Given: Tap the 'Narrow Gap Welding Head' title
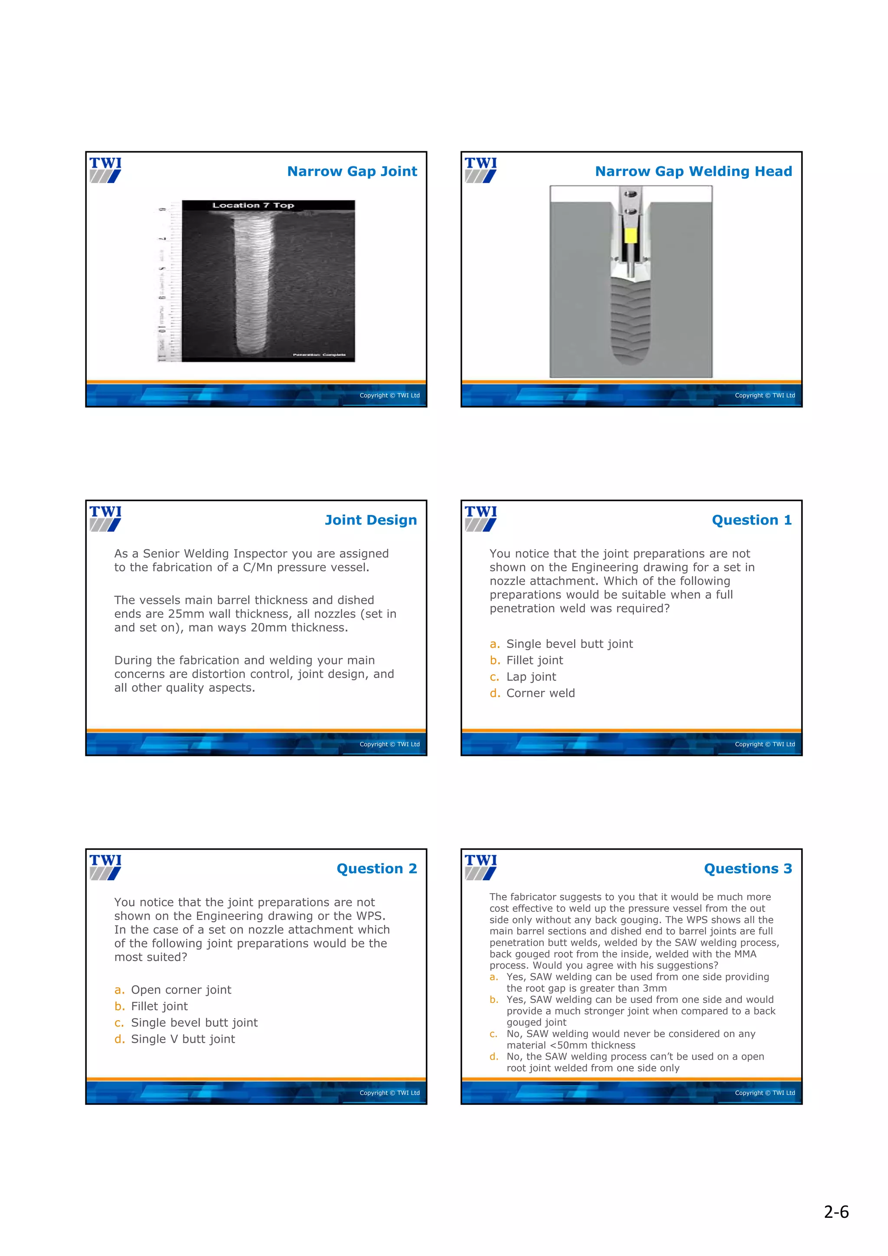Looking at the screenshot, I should [693, 172].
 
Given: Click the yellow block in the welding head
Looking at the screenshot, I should [630, 235].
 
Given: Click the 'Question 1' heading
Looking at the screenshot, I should [751, 520].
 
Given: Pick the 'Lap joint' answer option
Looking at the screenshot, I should [531, 677].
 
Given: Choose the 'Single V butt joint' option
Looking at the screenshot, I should [183, 1039].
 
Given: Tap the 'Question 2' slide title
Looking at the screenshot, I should [376, 869].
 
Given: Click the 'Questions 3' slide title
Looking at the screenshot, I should [748, 869].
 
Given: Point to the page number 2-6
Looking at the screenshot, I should [836, 1212].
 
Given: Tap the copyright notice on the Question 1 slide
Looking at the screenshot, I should [764, 744].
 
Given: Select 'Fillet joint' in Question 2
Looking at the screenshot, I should [159, 1006].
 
